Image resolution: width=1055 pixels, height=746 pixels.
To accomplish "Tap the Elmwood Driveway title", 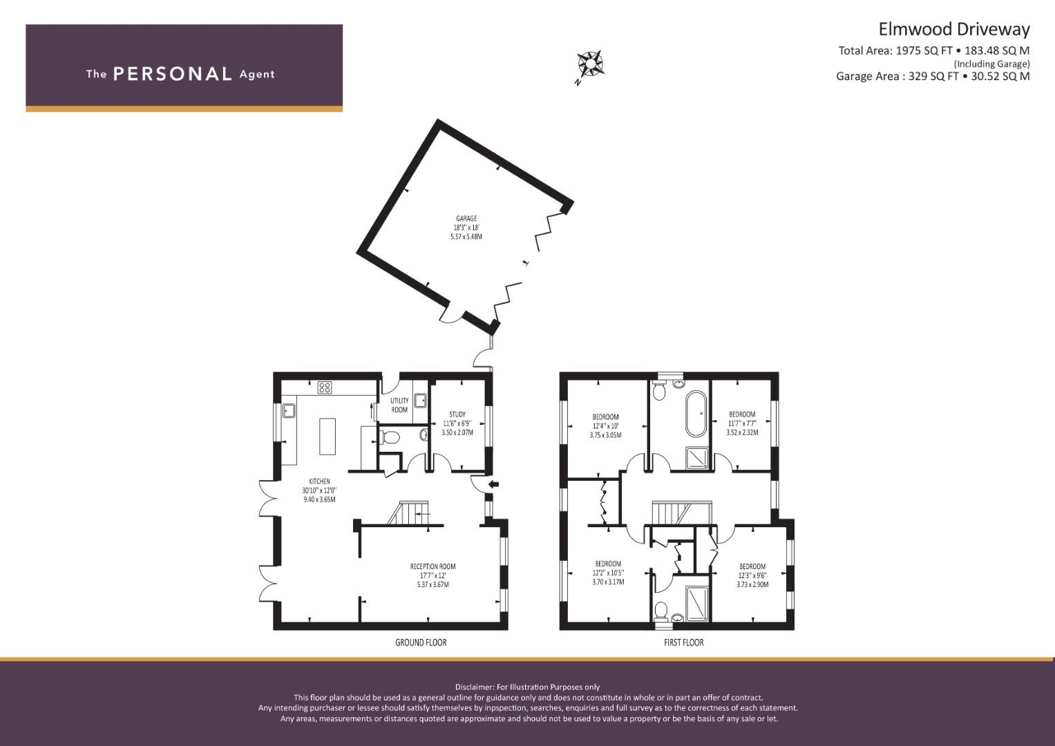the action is click(954, 29).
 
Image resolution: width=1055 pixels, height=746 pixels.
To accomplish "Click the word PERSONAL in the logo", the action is click(173, 74).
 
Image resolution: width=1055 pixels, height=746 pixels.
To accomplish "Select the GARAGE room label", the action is click(466, 218).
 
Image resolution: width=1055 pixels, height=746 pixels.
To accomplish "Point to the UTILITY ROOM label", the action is click(399, 405).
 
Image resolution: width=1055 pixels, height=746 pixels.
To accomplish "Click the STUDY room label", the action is click(457, 414).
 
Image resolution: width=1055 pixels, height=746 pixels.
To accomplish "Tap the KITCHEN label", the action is click(319, 481).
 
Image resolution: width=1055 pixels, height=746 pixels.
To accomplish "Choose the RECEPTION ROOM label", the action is click(433, 566).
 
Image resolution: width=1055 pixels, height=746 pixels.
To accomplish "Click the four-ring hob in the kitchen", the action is click(325, 388).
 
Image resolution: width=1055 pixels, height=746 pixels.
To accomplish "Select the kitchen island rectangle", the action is click(327, 436).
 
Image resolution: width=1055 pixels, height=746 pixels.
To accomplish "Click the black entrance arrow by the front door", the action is click(494, 484).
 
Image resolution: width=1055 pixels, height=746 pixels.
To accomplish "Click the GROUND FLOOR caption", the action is click(421, 642).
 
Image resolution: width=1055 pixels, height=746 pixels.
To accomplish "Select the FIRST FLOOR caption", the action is click(684, 642).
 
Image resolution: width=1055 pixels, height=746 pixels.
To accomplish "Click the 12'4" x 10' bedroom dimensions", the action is click(606, 426).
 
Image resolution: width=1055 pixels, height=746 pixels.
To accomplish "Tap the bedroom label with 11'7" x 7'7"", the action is click(742, 414).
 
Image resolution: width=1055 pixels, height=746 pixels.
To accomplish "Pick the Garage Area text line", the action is click(933, 76).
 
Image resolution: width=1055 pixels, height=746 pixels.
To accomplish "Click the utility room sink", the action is click(421, 401).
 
